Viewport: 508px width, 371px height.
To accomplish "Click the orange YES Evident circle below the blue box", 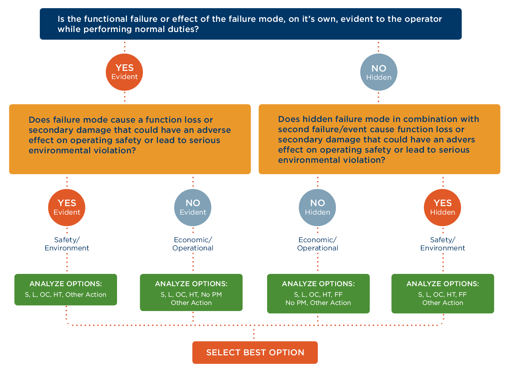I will pos(125,72).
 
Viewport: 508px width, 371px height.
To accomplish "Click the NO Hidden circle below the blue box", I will pos(378,72).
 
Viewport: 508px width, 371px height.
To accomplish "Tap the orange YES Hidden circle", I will pos(442,207).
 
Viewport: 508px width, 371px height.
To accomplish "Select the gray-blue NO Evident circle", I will pos(193,207).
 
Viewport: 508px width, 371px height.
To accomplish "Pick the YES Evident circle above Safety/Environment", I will pos(67,207).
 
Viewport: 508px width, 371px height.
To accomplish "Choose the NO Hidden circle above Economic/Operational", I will pos(317,207).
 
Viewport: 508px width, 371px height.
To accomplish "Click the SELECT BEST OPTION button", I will pos(255,352).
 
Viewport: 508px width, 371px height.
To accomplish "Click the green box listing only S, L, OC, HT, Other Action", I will pos(66,290).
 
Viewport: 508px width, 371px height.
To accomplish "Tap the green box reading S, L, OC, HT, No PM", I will pos(191,292).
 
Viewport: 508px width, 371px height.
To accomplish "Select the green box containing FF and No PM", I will pos(318,293).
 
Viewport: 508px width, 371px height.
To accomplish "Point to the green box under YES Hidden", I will pos(442,293).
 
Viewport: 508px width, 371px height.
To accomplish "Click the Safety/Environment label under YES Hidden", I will pos(442,244).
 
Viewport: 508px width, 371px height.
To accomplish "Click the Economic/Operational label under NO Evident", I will pos(193,244).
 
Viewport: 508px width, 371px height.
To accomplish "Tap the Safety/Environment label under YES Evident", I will pos(67,244).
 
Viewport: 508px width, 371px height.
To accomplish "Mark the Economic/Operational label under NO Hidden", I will pos(317,244).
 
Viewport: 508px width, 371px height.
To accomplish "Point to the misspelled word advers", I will pos(460,140).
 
